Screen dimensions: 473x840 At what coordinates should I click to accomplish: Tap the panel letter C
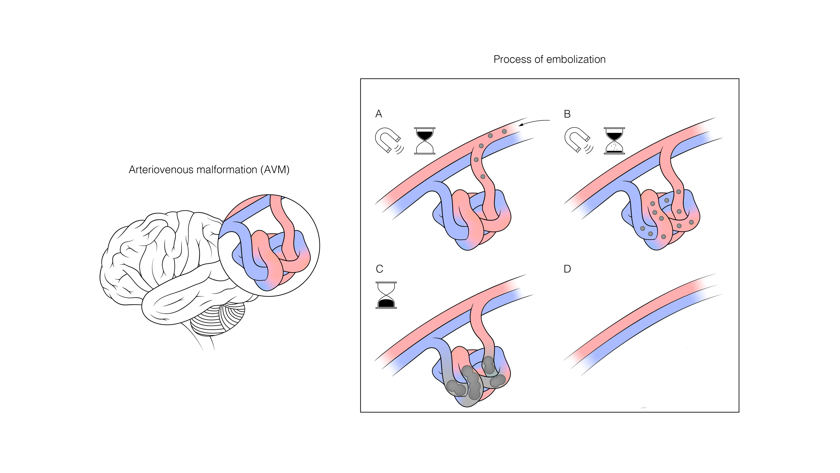[x=379, y=269]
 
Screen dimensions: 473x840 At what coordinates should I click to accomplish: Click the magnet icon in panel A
[x=388, y=140]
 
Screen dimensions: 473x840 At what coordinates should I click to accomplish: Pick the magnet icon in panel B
[x=577, y=140]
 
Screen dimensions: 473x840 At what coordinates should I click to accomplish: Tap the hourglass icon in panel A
[x=425, y=141]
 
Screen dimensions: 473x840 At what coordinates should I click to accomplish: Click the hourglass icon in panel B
[x=614, y=141]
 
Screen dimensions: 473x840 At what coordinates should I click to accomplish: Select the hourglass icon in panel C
[x=386, y=295]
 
